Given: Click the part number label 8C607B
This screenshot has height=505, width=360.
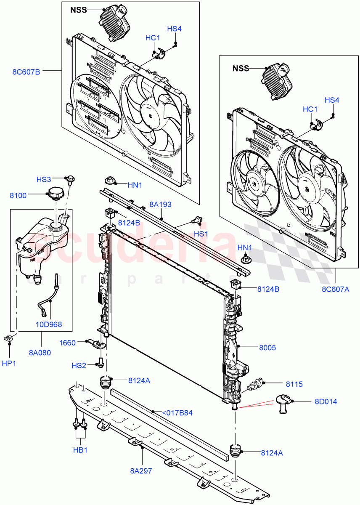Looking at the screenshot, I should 26,72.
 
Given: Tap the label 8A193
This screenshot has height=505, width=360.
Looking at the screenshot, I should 160,205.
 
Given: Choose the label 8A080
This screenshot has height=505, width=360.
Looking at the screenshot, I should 40,353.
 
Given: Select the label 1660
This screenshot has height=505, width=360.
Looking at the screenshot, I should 67,343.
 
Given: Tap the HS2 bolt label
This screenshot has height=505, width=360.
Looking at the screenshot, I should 78,365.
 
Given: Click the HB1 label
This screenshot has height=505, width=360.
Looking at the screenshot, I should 80,449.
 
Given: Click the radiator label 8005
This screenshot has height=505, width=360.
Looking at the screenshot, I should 267,348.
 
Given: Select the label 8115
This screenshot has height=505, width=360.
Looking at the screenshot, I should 294,384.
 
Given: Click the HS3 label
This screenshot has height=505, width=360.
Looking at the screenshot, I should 45,179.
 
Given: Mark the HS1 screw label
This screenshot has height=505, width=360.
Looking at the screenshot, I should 201,233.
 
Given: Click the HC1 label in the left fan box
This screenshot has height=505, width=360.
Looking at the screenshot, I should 153,38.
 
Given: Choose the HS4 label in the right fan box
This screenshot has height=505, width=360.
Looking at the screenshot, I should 332,100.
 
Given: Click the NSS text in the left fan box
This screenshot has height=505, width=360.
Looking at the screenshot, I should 78,10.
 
